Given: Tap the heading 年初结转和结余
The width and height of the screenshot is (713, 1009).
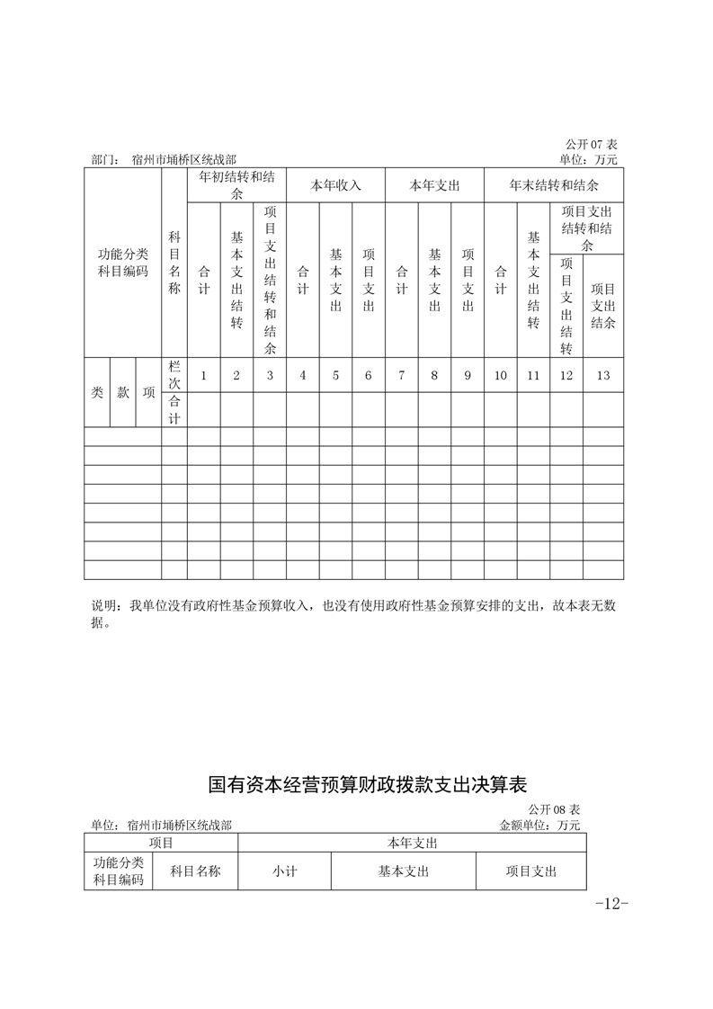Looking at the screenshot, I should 236,185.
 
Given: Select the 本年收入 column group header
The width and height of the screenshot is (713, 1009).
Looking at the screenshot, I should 335,186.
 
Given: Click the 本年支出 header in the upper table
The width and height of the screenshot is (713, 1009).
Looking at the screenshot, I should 434,186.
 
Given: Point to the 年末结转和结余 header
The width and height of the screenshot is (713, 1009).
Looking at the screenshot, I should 554,186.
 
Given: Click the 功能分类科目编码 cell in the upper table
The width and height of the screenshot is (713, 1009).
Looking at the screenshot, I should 123,263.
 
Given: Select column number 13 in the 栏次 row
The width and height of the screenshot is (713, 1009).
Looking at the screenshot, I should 602,376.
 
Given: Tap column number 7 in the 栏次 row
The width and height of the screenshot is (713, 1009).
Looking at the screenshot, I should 401,376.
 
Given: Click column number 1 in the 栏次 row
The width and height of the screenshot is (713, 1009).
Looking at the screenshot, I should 204,376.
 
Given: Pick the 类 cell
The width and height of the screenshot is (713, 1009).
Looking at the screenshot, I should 97,393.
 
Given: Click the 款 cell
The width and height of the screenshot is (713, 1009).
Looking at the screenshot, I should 123,393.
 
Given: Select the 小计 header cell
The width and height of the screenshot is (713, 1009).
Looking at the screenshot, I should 285,871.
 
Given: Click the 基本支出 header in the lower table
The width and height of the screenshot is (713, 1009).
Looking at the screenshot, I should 403,871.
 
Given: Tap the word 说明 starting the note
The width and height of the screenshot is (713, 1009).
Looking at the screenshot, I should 105,607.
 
